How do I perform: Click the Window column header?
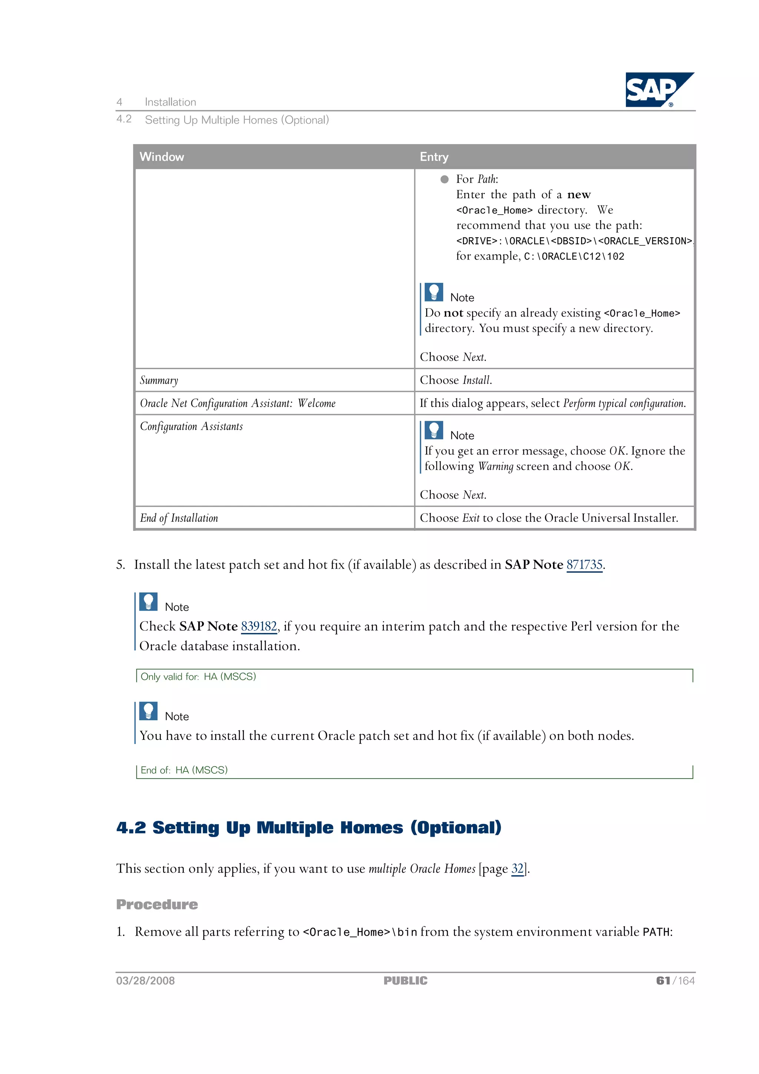(162, 157)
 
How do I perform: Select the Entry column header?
(434, 157)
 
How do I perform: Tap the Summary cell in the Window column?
(159, 380)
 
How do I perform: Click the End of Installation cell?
(179, 518)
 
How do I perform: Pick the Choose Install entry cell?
(456, 380)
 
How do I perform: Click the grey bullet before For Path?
(444, 179)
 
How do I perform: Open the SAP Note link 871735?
(584, 565)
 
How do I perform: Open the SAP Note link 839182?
(259, 626)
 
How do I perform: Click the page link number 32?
(517, 869)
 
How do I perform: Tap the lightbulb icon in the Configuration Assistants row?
(434, 430)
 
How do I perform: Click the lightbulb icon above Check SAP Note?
(148, 602)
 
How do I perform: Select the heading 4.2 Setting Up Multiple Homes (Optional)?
(309, 827)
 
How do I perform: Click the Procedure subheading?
(157, 905)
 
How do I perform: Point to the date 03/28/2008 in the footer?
(145, 981)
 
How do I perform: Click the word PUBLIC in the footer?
(405, 981)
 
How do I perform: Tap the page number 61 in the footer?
(663, 981)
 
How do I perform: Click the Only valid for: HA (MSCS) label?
(198, 677)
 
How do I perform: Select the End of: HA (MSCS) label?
(184, 770)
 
